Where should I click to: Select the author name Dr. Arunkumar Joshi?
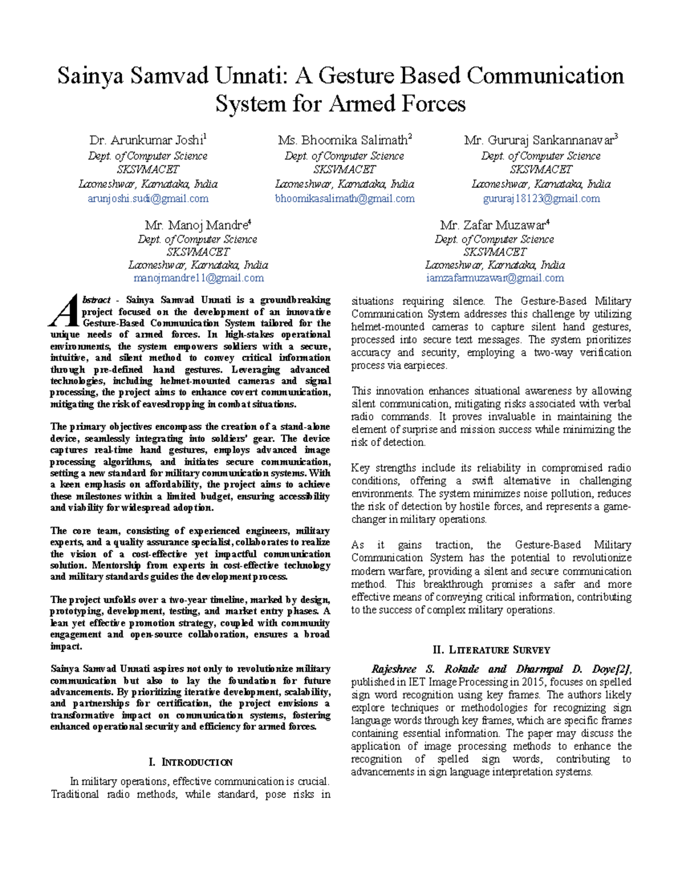(147, 140)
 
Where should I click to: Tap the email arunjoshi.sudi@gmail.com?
(148, 199)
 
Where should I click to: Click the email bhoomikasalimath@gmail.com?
(344, 199)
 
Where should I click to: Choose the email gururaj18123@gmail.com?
(541, 199)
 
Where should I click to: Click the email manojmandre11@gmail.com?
(198, 278)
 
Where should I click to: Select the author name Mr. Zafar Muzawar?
(493, 225)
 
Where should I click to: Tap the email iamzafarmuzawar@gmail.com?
(494, 278)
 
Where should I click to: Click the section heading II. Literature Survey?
(491, 650)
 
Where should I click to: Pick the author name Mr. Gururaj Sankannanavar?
(540, 140)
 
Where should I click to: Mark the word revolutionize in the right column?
(600, 558)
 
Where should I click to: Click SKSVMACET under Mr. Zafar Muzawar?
(494, 252)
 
